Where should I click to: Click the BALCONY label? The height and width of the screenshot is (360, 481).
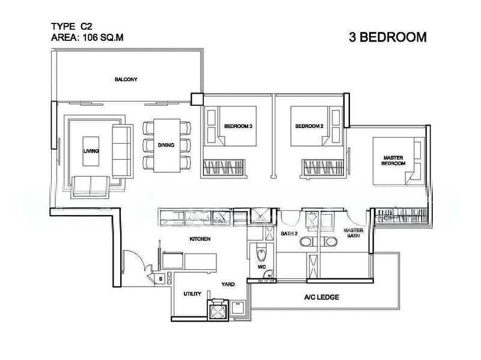point(126,79)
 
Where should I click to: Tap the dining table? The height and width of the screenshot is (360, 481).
point(167,145)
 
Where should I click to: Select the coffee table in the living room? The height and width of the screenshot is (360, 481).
point(91,151)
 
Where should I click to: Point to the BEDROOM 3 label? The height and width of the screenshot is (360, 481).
point(238,126)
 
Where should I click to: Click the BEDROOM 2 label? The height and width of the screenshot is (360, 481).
point(309,126)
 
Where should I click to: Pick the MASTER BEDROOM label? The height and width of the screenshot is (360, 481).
point(393,160)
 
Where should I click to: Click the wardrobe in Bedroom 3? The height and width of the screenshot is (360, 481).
point(224,168)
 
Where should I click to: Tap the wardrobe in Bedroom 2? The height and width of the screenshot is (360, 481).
point(322,168)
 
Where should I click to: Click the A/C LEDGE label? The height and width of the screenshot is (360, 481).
point(322,297)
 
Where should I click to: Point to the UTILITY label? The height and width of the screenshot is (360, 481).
point(192,294)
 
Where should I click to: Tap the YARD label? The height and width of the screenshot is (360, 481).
point(228,284)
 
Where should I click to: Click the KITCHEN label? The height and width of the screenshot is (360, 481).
point(200,239)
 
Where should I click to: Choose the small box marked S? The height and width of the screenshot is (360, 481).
point(161,279)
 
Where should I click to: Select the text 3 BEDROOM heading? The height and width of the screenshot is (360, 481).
point(388,37)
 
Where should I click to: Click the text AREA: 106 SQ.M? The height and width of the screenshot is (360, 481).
point(87,37)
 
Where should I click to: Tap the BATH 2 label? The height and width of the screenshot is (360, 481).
point(289,234)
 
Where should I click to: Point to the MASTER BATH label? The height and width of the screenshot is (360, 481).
point(354,233)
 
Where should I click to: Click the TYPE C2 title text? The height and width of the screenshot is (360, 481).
point(72,26)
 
